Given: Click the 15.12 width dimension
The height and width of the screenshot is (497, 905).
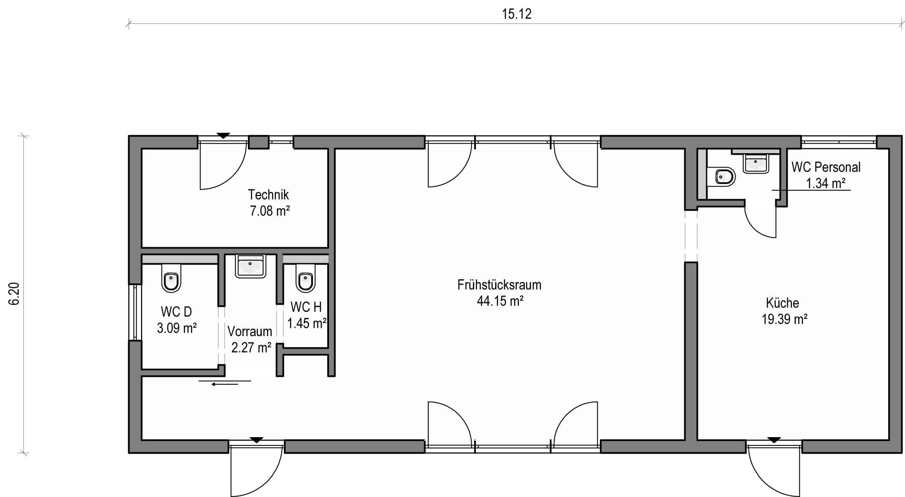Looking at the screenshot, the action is pyautogui.click(x=516, y=14).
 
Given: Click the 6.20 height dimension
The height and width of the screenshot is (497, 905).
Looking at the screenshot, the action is pyautogui.click(x=14, y=294).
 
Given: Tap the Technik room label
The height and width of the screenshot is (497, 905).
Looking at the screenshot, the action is pyautogui.click(x=268, y=194).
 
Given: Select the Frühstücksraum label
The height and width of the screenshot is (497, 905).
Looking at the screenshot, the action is pyautogui.click(x=499, y=285).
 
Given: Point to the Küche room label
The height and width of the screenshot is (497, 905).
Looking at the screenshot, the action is pyautogui.click(x=782, y=303).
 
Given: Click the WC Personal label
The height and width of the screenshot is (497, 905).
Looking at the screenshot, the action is pyautogui.click(x=826, y=167).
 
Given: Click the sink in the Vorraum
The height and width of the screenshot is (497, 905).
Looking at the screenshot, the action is pyautogui.click(x=251, y=266).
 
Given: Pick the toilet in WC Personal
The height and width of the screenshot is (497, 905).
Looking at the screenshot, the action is pyautogui.click(x=722, y=177).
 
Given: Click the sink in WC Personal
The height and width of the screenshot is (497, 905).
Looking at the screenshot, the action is pyautogui.click(x=756, y=163).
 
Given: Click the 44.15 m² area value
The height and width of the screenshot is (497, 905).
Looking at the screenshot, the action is pyautogui.click(x=500, y=301).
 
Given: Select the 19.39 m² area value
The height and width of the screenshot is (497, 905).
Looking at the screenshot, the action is pyautogui.click(x=785, y=319).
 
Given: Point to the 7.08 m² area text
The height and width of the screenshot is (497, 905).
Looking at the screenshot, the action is pyautogui.click(x=270, y=211).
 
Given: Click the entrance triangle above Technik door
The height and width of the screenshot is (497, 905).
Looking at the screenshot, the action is pyautogui.click(x=223, y=136).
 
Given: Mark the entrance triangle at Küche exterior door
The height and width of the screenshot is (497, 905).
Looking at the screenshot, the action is pyautogui.click(x=774, y=440).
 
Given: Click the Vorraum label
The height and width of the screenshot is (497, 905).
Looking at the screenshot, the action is pyautogui.click(x=250, y=331).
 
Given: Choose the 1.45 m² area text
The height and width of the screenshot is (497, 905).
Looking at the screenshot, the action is pyautogui.click(x=307, y=323).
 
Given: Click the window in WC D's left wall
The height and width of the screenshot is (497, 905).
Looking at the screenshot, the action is pyautogui.click(x=135, y=312).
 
